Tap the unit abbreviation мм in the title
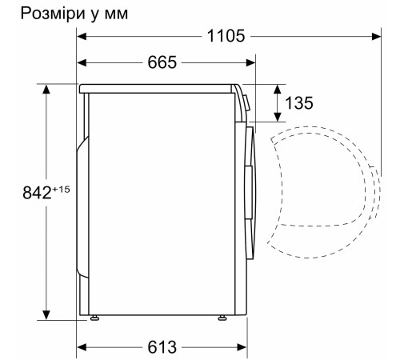click(x=113, y=14)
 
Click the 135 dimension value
click(x=298, y=102)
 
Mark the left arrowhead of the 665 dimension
click(x=82, y=62)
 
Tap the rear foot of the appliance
click(x=95, y=319)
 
